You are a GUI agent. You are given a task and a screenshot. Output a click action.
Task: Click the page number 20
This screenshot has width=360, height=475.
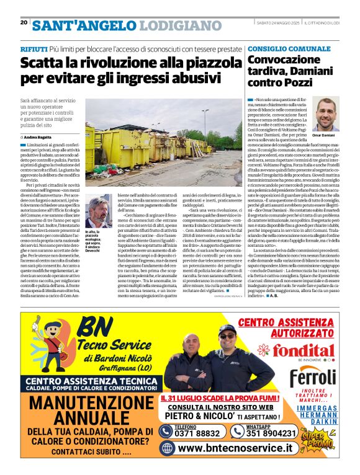pos(24,23)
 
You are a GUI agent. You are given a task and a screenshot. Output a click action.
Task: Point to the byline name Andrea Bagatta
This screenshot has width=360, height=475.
pos(39,136)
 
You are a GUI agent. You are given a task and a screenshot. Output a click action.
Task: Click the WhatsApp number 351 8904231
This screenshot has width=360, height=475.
pos(271,433)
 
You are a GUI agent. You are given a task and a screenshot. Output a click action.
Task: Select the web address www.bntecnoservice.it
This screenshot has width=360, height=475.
pos(235,448)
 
